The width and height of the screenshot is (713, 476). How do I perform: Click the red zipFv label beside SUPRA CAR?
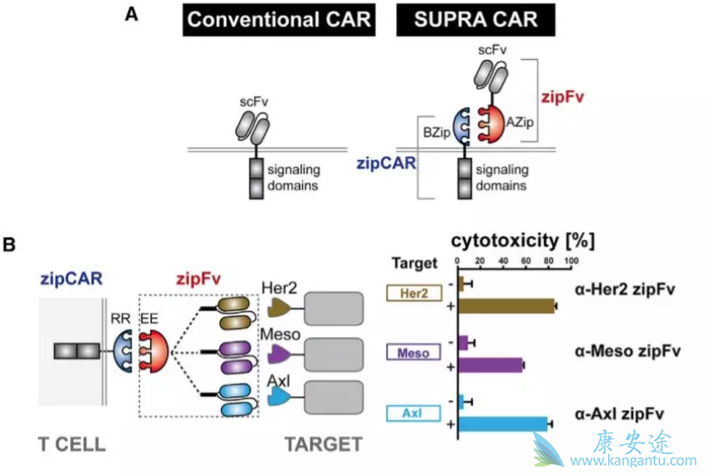[x=558, y=96]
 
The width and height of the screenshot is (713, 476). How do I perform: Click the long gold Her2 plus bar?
[x=507, y=306]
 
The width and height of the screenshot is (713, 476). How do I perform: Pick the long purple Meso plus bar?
[x=491, y=365]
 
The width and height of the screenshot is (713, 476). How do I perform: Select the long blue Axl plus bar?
[x=503, y=424]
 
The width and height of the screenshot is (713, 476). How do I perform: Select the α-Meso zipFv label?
[x=625, y=351]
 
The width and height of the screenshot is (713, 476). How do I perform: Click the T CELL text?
[x=72, y=445]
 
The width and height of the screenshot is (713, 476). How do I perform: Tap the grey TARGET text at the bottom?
[x=323, y=445]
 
